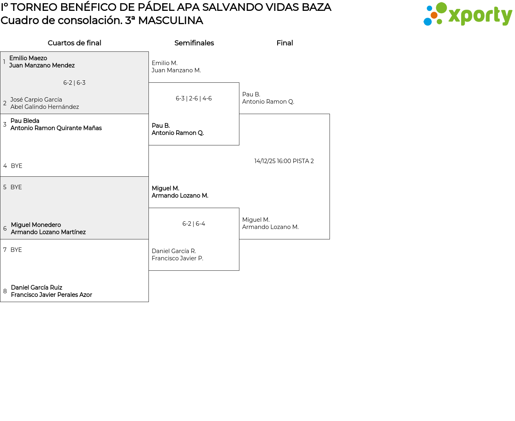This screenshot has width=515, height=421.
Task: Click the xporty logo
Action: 468,14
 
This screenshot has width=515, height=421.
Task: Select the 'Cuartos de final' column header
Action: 74,43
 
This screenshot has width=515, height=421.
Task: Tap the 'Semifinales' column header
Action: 194,43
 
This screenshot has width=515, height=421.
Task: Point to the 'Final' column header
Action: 284,43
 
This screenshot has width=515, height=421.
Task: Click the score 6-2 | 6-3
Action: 74,83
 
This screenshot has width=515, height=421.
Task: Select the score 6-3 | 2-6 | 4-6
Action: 194,98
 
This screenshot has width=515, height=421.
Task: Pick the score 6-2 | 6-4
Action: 194,224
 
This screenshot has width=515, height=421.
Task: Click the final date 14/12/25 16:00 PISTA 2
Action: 284,161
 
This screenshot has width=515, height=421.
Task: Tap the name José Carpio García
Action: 36,100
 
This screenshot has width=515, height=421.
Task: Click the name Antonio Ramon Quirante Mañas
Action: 56,128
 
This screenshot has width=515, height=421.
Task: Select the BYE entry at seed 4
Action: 16,166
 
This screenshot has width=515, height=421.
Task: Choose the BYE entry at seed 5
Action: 16,187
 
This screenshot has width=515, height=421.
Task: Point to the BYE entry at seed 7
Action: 16,250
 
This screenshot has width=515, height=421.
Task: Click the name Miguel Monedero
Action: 36,225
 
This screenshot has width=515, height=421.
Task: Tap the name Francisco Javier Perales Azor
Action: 51,295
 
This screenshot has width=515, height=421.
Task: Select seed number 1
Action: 4,62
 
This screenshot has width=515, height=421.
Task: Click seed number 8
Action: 5,291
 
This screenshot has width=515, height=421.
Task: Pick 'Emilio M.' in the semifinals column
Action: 165,63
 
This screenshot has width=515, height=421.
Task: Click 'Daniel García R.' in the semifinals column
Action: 174,251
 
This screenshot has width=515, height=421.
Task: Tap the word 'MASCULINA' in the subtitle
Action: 170,20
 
